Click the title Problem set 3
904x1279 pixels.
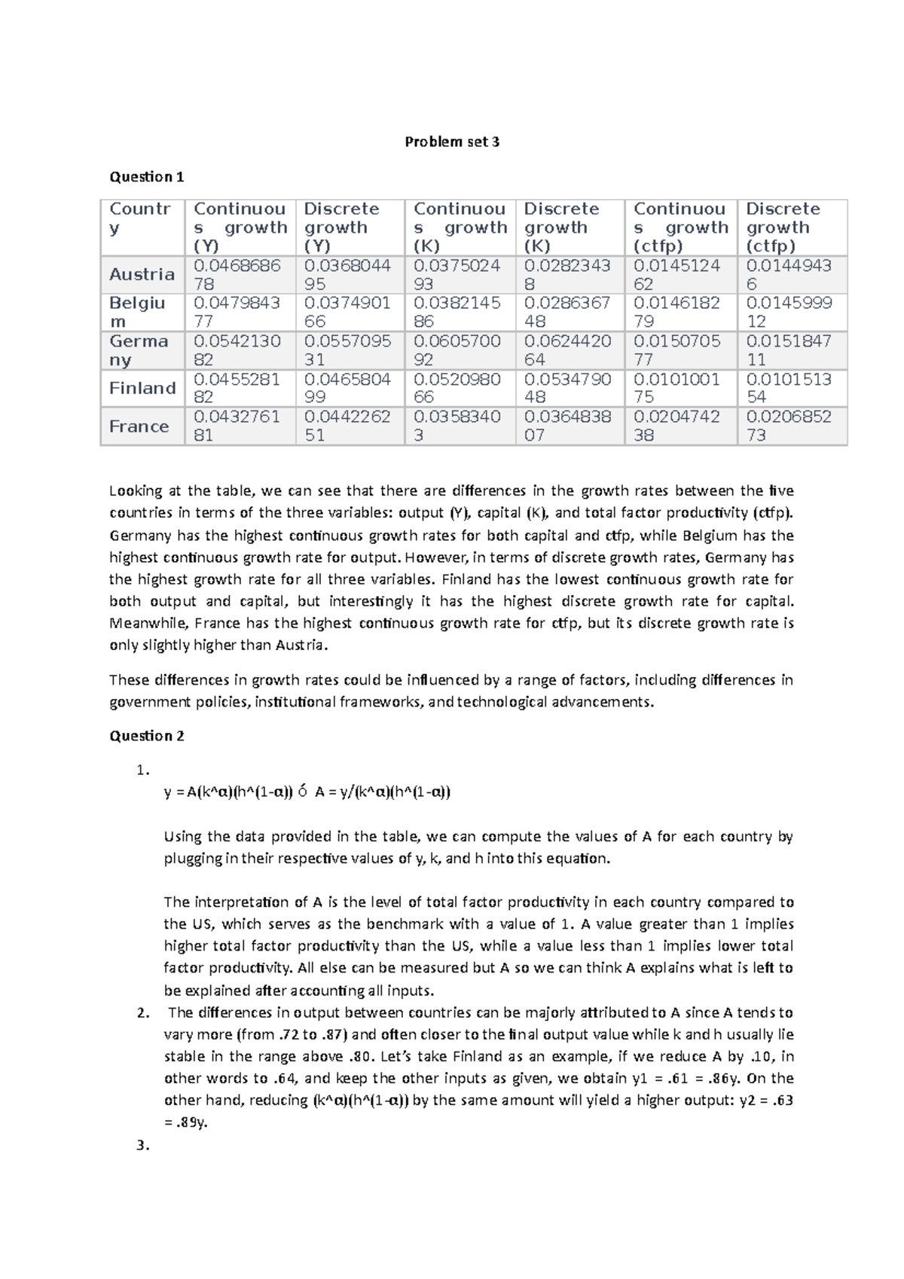452,142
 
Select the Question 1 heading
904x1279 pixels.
147,177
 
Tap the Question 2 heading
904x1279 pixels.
147,736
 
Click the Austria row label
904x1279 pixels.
142,274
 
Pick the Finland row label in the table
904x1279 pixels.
142,388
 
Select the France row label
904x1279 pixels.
139,426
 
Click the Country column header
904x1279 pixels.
140,218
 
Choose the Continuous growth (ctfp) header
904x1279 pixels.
680,227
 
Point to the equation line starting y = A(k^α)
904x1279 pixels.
307,792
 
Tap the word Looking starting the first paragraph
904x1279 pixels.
136,491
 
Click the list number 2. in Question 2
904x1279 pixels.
144,1012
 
